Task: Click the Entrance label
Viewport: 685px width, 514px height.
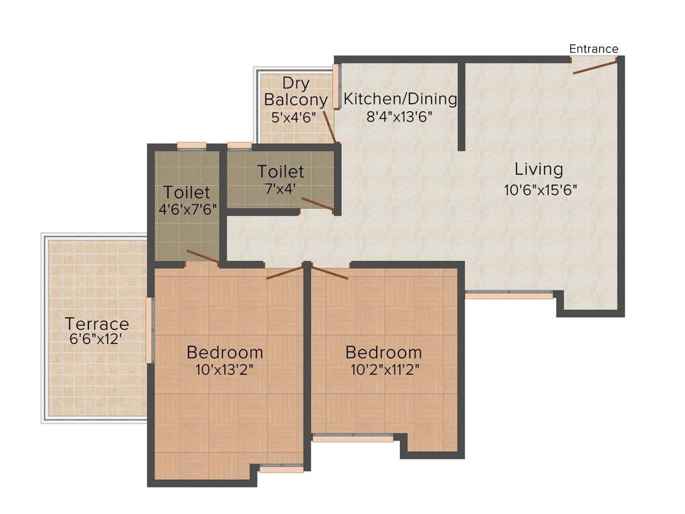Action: coord(593,49)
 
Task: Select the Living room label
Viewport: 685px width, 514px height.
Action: coord(539,169)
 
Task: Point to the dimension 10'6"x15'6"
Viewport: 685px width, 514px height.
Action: coord(541,189)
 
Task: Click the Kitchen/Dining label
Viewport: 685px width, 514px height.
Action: coord(400,100)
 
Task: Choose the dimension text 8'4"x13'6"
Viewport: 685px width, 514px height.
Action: coord(400,116)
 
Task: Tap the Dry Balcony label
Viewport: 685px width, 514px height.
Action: coord(296,92)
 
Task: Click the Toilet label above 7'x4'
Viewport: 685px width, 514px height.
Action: coord(281,172)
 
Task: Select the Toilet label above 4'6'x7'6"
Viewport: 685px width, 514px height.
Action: coord(187,193)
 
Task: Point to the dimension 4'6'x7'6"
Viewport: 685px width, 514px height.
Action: coord(188,209)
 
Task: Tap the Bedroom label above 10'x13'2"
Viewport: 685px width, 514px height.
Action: coord(225,352)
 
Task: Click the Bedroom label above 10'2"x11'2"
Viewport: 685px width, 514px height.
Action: coord(383,352)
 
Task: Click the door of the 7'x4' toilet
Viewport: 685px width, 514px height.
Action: coord(317,204)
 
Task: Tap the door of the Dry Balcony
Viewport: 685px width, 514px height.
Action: coord(328,126)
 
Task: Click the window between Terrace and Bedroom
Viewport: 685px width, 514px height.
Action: coord(151,331)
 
